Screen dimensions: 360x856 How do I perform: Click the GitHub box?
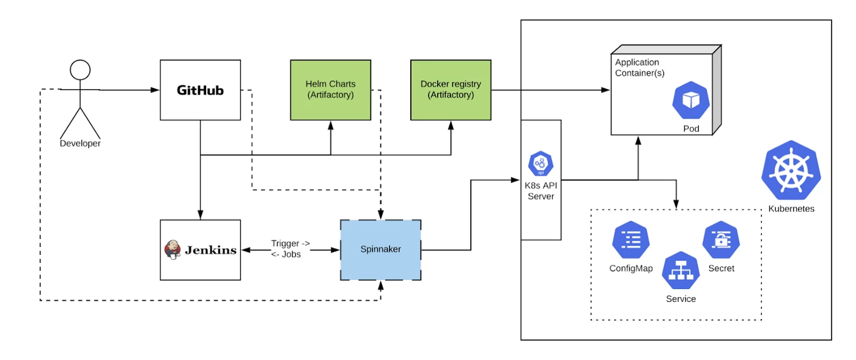[200, 90]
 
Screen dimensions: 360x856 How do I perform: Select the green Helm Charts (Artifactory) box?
[330, 89]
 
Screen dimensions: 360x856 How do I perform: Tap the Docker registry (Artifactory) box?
[451, 89]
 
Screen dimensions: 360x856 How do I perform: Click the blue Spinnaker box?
[380, 249]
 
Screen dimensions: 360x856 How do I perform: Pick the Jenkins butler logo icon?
[173, 249]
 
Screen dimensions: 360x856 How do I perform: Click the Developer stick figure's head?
[80, 70]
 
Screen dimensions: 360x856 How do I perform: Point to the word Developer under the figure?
[80, 144]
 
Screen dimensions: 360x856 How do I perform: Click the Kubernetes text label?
[791, 208]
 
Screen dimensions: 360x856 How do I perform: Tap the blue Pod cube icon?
[691, 101]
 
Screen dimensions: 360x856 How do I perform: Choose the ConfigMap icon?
[630, 241]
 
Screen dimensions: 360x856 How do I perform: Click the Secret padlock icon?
[721, 240]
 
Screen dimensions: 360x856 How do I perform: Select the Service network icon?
[681, 271]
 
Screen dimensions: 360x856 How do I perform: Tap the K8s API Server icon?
[541, 163]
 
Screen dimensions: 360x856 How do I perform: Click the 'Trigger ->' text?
[290, 244]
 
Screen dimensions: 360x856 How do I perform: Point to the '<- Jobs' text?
[286, 254]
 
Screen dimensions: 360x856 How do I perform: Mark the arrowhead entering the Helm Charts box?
[331, 125]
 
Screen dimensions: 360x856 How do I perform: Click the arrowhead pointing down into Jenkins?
[200, 215]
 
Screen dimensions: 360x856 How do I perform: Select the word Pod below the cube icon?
[691, 129]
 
